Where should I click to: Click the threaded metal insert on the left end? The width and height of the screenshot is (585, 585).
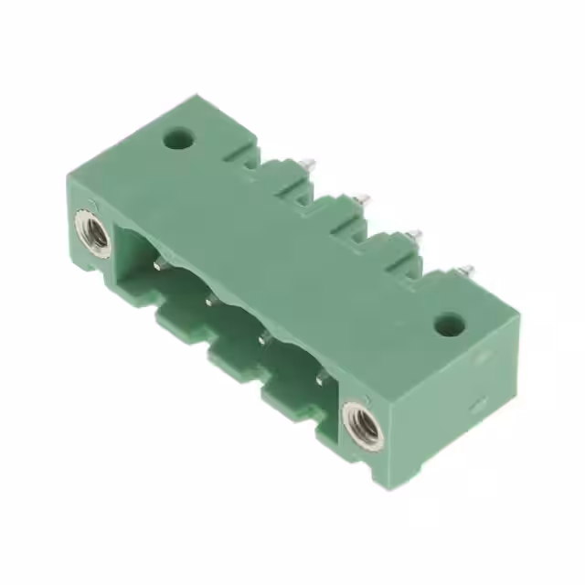coord(95,235)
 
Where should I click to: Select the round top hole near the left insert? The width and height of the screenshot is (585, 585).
coord(178,141)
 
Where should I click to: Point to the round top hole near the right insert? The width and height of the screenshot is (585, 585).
coord(448,324)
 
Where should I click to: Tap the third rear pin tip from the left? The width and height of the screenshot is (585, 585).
coord(415,234)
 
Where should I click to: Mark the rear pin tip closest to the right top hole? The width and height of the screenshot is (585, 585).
coord(466,270)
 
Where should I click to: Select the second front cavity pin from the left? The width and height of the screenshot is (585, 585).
coord(210,298)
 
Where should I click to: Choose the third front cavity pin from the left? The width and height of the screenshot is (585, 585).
coord(265,338)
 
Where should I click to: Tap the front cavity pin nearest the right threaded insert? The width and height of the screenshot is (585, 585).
coord(319,377)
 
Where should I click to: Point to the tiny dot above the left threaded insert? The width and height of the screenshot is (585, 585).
coord(92,205)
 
